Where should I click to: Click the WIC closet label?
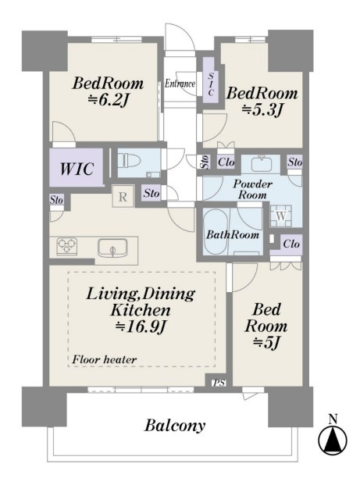pos(77,169)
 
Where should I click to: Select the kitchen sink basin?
pos(112,248)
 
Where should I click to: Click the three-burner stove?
pos(67,246)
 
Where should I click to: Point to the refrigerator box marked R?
pos(123,196)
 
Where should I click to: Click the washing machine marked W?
pos(281,216)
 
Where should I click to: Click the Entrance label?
pos(180,84)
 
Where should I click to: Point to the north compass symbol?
pos(333,439)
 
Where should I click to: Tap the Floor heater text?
pos(104,359)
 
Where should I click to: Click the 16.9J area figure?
pos(141,326)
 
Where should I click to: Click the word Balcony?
pos(175,426)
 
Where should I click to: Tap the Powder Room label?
pos(252,189)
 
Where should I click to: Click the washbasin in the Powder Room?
pos(261,164)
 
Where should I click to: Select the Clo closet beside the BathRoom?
pos(291,244)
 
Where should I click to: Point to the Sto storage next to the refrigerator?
pos(151,193)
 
